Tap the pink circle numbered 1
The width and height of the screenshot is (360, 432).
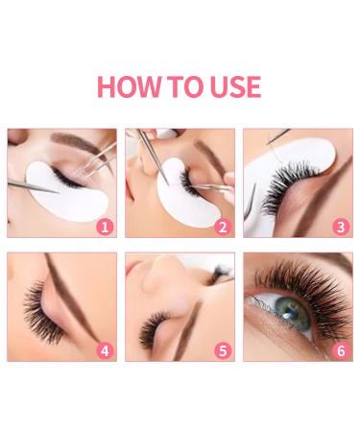tap(105, 228)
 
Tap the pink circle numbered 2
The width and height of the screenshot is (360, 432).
tap(223, 228)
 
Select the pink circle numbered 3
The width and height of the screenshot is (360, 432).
tap(340, 228)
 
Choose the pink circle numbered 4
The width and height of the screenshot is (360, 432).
tap(105, 350)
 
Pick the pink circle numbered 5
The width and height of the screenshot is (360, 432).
tap(223, 350)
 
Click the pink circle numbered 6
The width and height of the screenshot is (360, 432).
tap(340, 350)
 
